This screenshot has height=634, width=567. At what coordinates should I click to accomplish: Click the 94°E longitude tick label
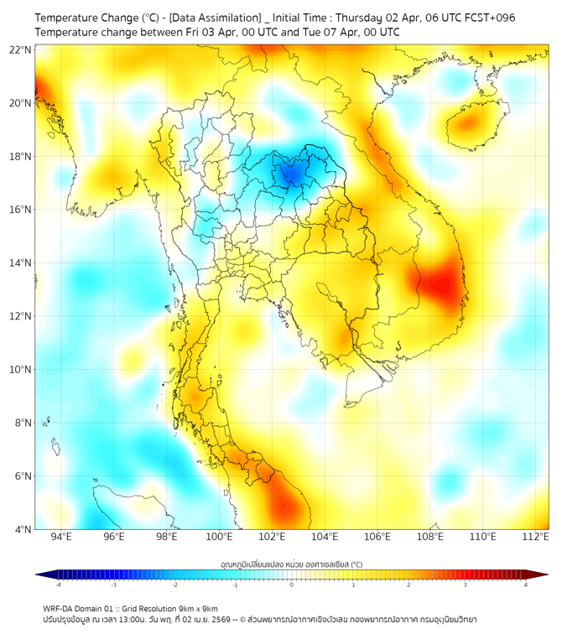click(61, 537)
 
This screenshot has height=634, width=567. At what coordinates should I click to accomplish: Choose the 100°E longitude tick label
click(219, 537)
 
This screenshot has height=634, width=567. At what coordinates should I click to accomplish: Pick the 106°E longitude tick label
click(377, 537)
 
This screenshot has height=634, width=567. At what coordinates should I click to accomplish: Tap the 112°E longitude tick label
click(535, 537)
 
